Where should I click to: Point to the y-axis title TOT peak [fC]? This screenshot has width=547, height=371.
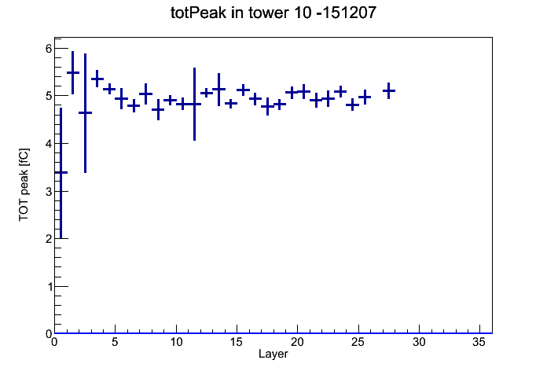(x=24, y=185)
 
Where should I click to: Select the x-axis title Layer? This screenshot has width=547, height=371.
(x=273, y=354)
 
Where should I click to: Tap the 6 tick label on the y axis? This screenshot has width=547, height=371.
(x=49, y=49)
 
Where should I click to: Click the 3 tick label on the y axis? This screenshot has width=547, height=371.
(x=49, y=191)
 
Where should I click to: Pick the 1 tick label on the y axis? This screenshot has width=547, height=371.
(x=49, y=287)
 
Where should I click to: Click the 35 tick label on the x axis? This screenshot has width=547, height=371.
(x=479, y=343)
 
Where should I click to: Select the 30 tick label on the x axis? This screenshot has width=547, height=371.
(x=419, y=343)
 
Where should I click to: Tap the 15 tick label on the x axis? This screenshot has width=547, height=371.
(x=237, y=343)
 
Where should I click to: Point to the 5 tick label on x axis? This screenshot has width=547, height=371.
(x=115, y=343)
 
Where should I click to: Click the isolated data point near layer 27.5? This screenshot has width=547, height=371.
(x=388, y=90)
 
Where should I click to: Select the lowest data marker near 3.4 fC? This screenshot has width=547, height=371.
(x=61, y=172)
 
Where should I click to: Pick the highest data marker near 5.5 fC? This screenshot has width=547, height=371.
(x=73, y=72)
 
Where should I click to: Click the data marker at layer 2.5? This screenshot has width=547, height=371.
(x=85, y=112)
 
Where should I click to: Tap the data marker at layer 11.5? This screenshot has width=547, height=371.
(x=194, y=104)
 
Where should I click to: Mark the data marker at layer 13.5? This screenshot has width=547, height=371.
(x=218, y=90)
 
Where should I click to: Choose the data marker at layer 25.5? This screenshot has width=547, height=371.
(x=365, y=97)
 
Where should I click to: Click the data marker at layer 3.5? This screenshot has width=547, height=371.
(x=97, y=79)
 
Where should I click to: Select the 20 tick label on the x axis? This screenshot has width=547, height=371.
(x=297, y=343)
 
